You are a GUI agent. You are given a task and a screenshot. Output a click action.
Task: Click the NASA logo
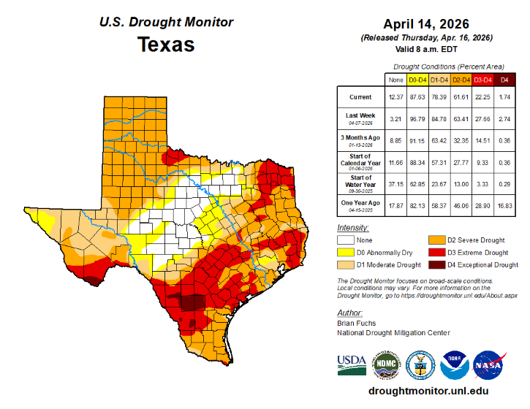[488, 362]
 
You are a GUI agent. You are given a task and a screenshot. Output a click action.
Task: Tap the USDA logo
[352, 364]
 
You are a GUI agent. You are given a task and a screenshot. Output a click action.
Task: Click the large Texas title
[166, 45]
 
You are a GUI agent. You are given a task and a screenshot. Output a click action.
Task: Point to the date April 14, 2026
[426, 24]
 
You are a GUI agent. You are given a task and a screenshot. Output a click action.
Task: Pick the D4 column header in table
[504, 78]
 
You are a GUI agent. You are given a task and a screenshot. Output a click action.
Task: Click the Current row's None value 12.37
[396, 97]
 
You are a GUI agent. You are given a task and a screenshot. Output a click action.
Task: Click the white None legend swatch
[345, 239]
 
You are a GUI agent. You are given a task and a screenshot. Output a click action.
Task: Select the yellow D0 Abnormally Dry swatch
[345, 252]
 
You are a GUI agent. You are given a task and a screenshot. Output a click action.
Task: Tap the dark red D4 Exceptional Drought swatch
[436, 264]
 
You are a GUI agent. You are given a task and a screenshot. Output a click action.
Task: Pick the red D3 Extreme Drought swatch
[436, 252]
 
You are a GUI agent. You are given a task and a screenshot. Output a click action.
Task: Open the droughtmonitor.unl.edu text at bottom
[426, 391]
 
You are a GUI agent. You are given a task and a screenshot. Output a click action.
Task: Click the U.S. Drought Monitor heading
[166, 21]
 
